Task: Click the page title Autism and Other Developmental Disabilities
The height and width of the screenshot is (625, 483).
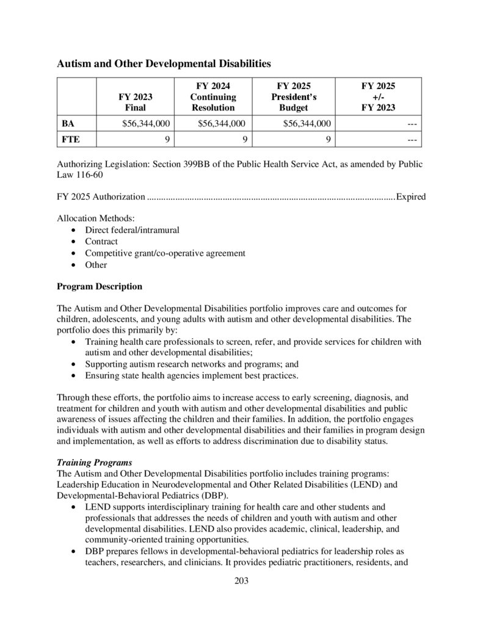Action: (x=164, y=63)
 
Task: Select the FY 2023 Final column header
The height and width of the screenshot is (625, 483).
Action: (x=135, y=102)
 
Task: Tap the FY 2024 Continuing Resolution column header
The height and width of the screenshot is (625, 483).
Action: (x=213, y=96)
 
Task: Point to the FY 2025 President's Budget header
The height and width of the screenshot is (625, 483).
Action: (x=294, y=96)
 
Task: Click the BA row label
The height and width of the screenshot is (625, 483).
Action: (x=68, y=123)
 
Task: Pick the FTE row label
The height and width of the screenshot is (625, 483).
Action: (x=70, y=140)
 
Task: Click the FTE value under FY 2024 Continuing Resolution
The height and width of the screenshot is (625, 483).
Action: (x=244, y=140)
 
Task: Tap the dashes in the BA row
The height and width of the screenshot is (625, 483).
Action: (x=412, y=123)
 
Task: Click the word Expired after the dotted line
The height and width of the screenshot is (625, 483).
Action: (x=411, y=197)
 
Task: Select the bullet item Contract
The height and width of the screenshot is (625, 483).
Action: (x=101, y=241)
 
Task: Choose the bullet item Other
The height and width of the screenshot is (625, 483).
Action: (x=96, y=265)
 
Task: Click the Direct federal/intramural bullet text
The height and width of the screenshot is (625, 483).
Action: (x=132, y=229)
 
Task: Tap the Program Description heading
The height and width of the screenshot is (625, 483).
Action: (x=100, y=286)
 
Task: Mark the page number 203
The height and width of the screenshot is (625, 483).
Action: (x=241, y=580)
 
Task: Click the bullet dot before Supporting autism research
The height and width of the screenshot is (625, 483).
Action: (x=74, y=364)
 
